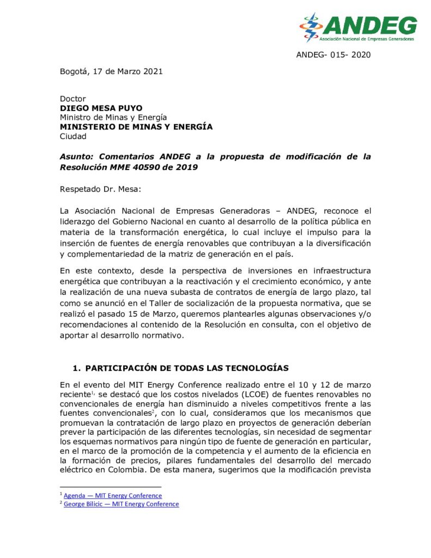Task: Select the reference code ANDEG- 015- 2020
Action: (333, 55)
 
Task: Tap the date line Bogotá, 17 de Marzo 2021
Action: (111, 71)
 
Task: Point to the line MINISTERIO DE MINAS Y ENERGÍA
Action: (136, 126)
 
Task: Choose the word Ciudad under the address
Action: (73, 136)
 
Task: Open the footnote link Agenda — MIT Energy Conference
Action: (113, 495)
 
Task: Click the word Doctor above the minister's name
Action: (73, 99)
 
